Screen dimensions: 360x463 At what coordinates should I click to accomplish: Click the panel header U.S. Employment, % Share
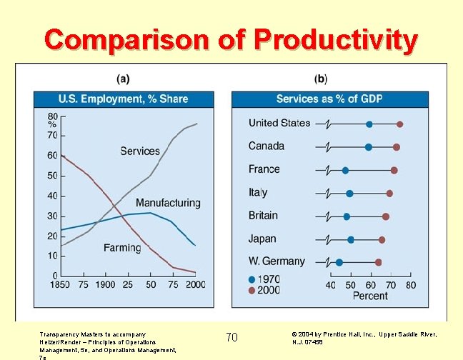123,99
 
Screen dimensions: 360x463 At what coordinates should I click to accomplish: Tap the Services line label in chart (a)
140,151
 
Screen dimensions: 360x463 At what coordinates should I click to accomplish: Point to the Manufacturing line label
168,203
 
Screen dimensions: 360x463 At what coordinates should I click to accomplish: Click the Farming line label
122,248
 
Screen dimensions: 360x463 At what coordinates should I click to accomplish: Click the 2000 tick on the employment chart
194,284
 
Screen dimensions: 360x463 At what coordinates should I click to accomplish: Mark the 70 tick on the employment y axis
52,135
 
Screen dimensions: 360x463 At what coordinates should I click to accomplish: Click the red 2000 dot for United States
399,124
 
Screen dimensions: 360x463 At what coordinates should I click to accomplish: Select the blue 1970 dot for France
345,171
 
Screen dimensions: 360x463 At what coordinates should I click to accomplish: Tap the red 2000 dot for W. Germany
378,262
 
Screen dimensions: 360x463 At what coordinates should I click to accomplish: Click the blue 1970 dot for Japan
350,240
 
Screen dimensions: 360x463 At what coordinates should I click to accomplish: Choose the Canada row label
267,146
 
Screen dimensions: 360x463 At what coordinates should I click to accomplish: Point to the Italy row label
258,192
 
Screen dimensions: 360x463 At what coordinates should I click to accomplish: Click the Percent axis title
370,295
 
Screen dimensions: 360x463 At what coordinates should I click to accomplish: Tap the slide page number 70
231,337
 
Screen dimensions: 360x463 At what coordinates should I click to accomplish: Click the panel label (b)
321,78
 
